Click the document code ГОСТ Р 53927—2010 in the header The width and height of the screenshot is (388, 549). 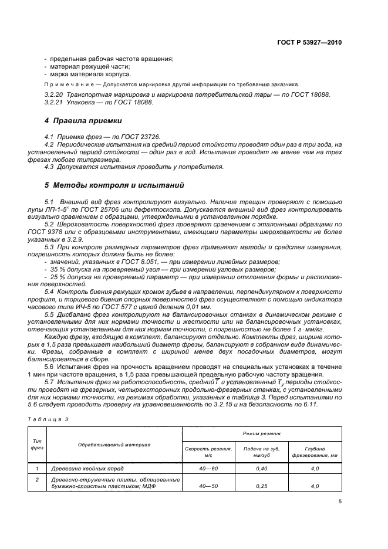(310, 43)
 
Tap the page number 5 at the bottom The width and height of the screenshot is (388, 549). (340, 501)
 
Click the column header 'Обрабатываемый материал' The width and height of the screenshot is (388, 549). (115, 444)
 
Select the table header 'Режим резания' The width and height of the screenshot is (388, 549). (261, 432)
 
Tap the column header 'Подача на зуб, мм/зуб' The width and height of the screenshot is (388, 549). (261, 451)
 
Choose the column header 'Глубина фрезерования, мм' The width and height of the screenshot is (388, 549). (315, 451)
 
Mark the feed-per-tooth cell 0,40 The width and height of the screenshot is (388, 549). (261, 468)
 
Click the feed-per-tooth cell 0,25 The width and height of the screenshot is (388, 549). (261, 486)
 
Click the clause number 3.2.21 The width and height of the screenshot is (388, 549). (54, 102)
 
